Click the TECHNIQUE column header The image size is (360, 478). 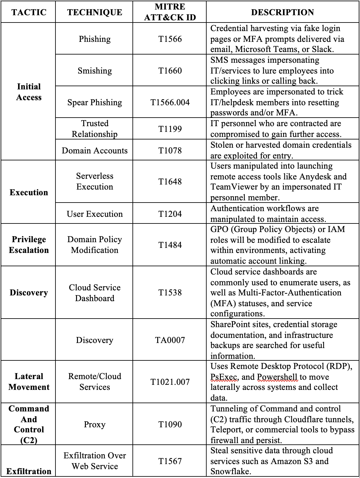click(x=94, y=12)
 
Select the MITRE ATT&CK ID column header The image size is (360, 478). click(x=170, y=12)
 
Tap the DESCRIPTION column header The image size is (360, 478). click(x=282, y=12)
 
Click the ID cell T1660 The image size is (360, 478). click(x=170, y=70)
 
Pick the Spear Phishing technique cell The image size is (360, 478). click(x=94, y=102)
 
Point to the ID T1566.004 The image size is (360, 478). click(x=170, y=102)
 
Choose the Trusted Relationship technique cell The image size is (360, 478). click(x=94, y=129)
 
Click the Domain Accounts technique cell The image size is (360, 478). click(x=94, y=151)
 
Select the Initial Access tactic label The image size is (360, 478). click(x=29, y=92)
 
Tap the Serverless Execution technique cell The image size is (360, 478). click(x=94, y=181)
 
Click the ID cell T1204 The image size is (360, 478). click(x=170, y=214)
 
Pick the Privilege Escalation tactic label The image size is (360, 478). click(x=29, y=245)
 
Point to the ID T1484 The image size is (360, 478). click(x=170, y=245)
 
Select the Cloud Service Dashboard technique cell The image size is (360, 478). click(x=94, y=293)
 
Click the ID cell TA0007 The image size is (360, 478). click(x=170, y=340)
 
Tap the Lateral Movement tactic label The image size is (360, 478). click(x=29, y=382)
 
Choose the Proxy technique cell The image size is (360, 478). click(x=94, y=424)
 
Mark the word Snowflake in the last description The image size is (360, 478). click(x=230, y=471)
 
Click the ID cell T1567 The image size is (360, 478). click(x=170, y=461)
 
